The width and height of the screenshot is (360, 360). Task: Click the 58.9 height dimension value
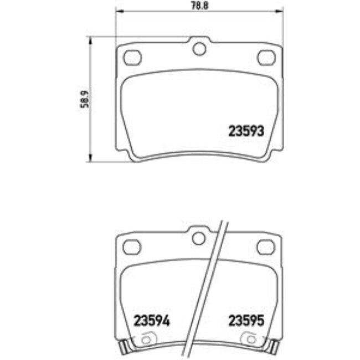[x=85, y=99]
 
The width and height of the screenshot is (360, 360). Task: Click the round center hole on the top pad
[x=199, y=49]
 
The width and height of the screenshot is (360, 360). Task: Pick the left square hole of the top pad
[x=132, y=56]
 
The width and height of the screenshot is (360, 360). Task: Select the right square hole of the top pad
[x=266, y=56]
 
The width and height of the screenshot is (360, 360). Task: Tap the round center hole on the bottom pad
[x=198, y=238]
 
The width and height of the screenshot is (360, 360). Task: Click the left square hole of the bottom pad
[x=131, y=245]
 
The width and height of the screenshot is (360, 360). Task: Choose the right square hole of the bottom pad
[x=266, y=245]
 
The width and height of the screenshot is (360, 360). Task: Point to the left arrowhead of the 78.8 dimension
[x=118, y=12]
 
